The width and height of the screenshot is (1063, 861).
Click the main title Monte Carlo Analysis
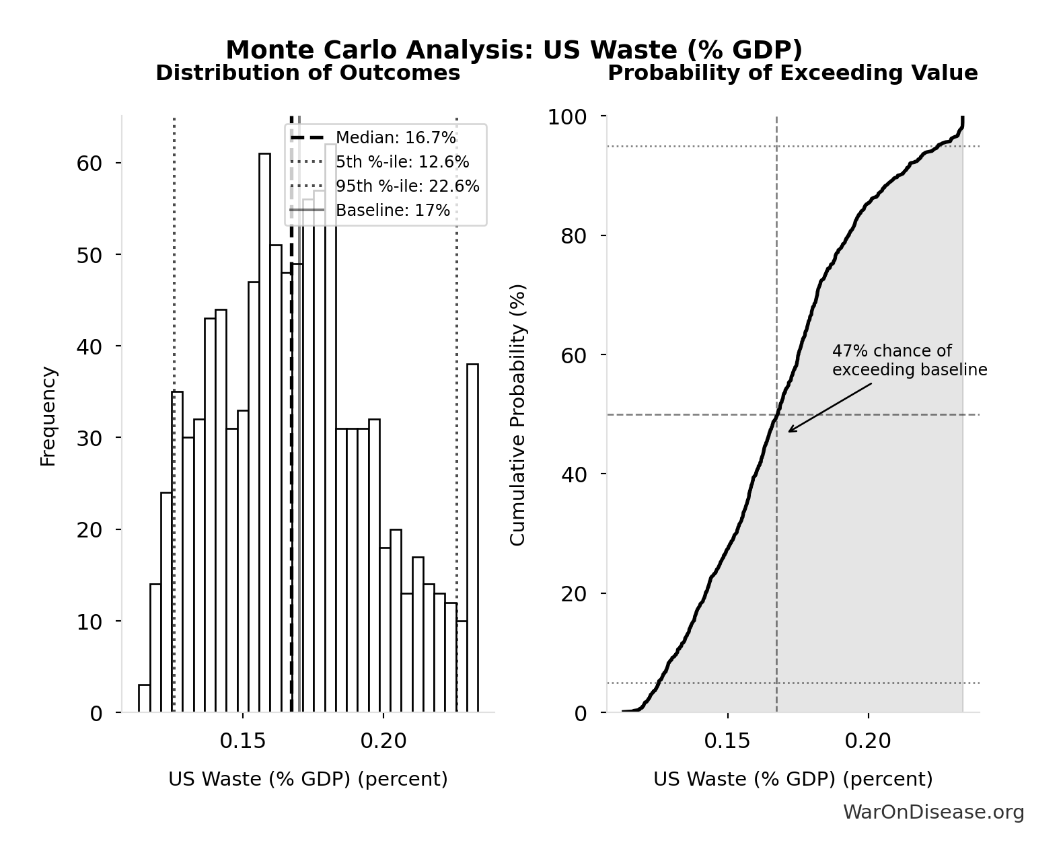tap(514, 50)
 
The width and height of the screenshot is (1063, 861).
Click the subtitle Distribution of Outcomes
tap(307, 73)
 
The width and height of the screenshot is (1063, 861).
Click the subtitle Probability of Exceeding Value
tap(792, 73)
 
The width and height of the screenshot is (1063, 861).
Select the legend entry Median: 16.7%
tap(395, 138)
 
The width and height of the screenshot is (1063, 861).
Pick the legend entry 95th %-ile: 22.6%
tap(407, 186)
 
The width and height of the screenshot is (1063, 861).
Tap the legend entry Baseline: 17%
tap(392, 211)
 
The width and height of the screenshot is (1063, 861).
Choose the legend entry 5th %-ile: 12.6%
tap(402, 162)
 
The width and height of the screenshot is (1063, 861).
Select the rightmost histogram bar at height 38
tap(472, 538)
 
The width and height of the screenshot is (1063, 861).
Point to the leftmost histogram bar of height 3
tap(144, 700)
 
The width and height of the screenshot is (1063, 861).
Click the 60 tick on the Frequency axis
tap(88, 163)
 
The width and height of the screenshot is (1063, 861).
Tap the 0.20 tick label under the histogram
tap(383, 741)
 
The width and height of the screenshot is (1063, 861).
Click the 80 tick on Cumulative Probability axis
tap(573, 236)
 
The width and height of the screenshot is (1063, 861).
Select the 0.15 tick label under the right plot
tap(727, 741)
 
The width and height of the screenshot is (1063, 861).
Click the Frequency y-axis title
tap(48, 416)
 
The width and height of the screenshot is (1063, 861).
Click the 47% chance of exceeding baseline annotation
tap(908, 361)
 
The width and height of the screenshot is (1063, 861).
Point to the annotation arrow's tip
tap(789, 432)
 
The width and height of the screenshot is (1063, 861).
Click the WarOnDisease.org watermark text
tap(933, 813)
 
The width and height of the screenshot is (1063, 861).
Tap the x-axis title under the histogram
tap(307, 779)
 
